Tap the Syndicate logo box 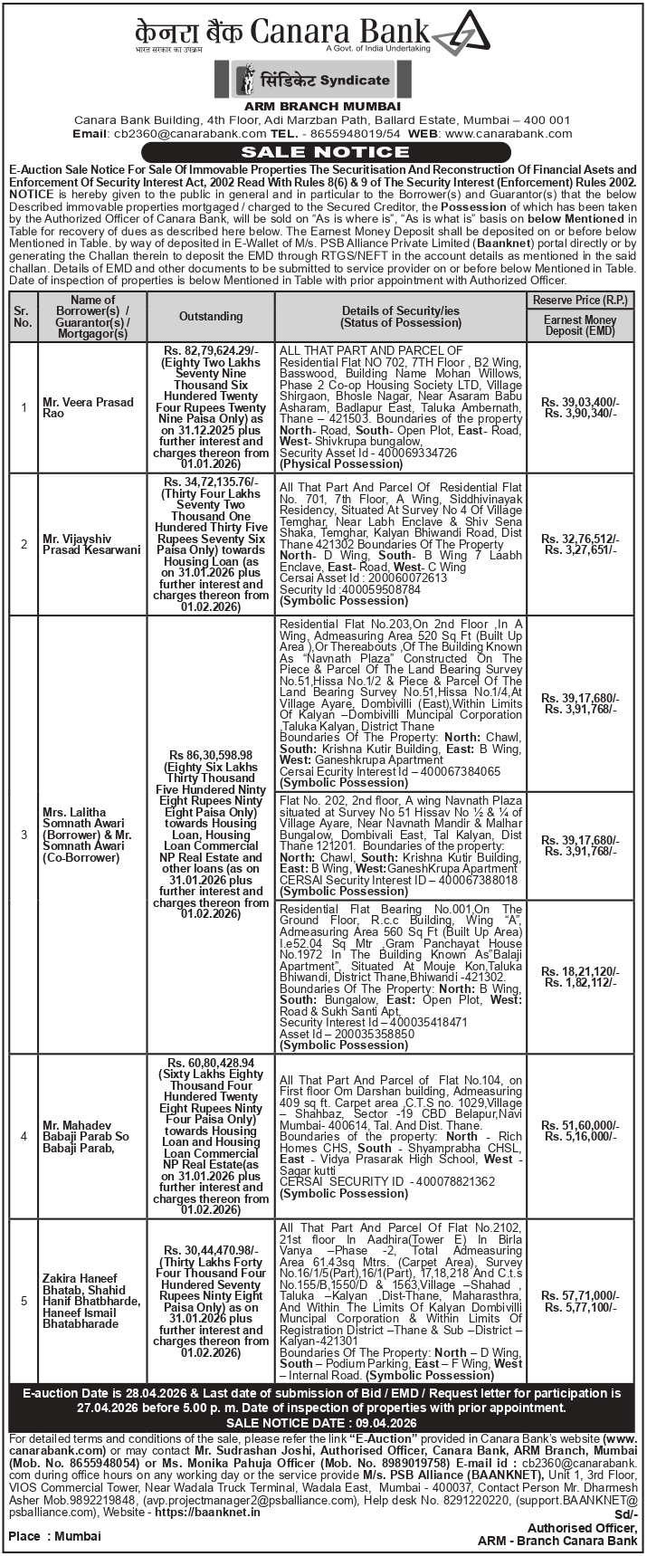tap(312, 81)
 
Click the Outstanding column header tap(211, 316)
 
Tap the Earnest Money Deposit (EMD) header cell tap(580, 326)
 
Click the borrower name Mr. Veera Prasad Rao tap(88, 407)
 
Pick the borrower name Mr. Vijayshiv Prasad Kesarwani tap(91, 544)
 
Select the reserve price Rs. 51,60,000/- tap(580, 1124)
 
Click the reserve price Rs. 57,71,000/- tap(580, 1296)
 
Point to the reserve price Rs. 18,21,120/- tap(580, 971)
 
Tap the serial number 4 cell tap(24, 1136)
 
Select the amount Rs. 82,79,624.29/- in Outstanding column tap(211, 350)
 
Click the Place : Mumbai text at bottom tap(54, 1536)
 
